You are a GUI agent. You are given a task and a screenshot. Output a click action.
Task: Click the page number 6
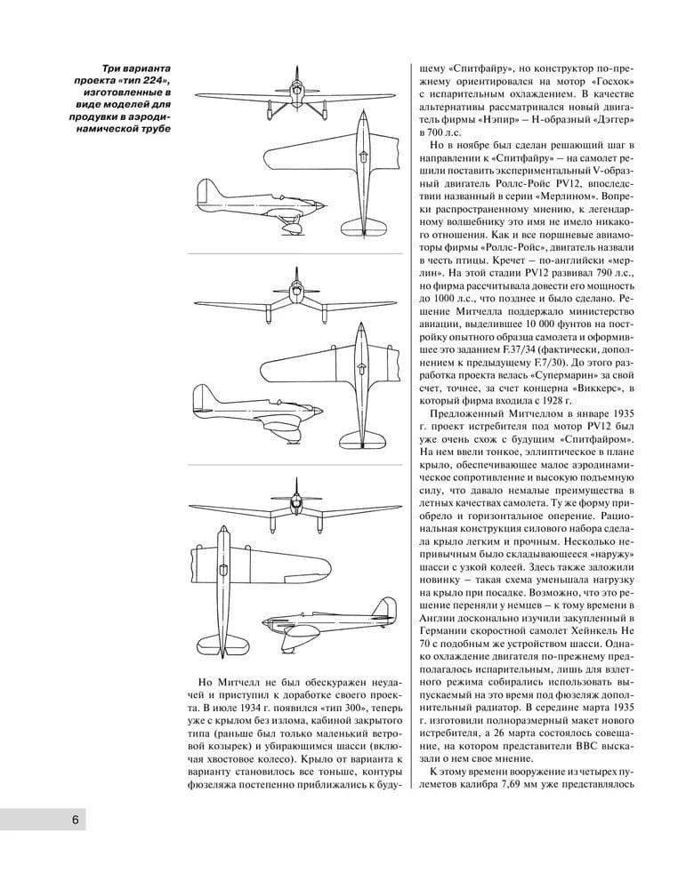[x=77, y=818]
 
